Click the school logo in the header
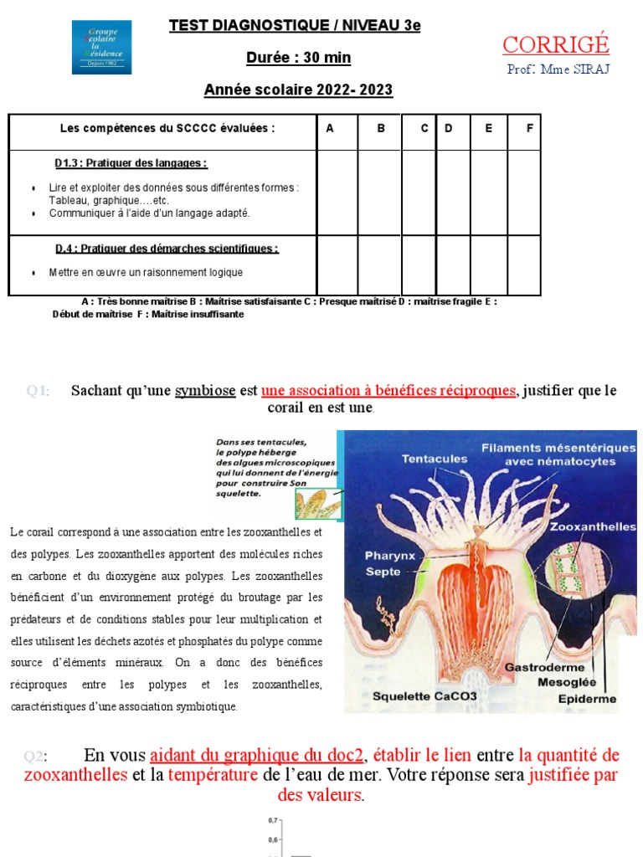(101, 48)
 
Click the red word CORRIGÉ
(557, 44)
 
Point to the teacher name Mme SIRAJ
(558, 69)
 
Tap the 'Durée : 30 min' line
(298, 58)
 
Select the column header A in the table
(329, 128)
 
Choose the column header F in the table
(529, 128)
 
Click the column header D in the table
(449, 128)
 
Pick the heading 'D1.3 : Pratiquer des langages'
(131, 163)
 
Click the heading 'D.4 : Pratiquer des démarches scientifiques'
(167, 249)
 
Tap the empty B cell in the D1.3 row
(380, 192)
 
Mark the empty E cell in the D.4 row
(489, 265)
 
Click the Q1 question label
(37, 391)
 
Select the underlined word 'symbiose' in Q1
(205, 391)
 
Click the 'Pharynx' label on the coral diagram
(389, 555)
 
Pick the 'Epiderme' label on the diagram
(587, 698)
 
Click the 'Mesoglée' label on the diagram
(567, 682)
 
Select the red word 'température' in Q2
(213, 775)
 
